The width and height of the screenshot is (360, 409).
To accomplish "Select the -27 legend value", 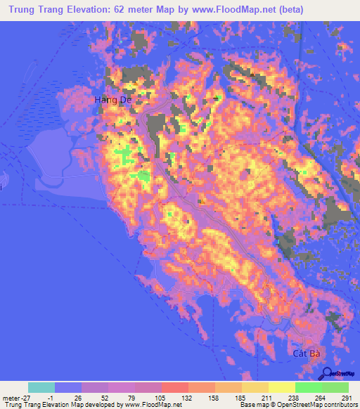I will (27, 398).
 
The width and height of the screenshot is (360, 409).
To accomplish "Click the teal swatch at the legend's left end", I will (41, 387).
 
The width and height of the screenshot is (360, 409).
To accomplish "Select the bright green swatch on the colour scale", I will (308, 387).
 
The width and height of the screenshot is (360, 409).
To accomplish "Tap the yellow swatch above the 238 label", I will (281, 387).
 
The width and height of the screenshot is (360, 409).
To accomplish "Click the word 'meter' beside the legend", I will (10, 398).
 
